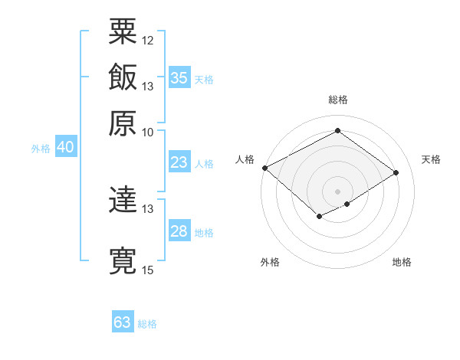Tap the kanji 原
(x=123, y=123)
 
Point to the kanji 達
(x=123, y=201)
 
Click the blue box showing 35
(x=179, y=78)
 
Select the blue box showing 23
(x=179, y=162)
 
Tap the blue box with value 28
(x=179, y=231)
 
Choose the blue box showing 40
(x=65, y=148)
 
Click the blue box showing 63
(x=122, y=322)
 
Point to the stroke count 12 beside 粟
(x=148, y=40)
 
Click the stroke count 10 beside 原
(x=148, y=131)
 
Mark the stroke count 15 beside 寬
(x=148, y=270)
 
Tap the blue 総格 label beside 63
(x=147, y=324)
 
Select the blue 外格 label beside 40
(x=41, y=149)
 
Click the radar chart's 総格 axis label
(x=338, y=100)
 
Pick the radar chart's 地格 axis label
(x=402, y=263)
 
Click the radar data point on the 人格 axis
(x=264, y=168)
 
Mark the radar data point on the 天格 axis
(x=396, y=173)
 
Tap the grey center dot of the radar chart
(x=337, y=191)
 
